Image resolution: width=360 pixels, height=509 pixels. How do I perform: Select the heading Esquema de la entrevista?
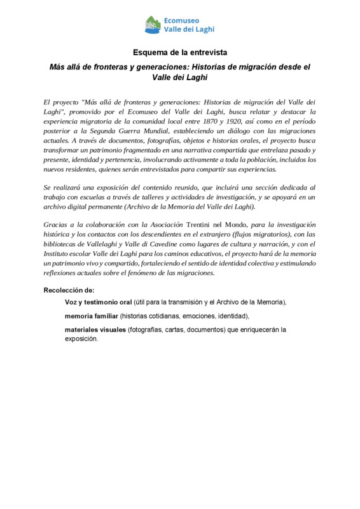(x=179, y=51)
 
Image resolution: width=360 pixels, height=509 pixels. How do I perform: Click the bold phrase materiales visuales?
(x=94, y=330)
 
